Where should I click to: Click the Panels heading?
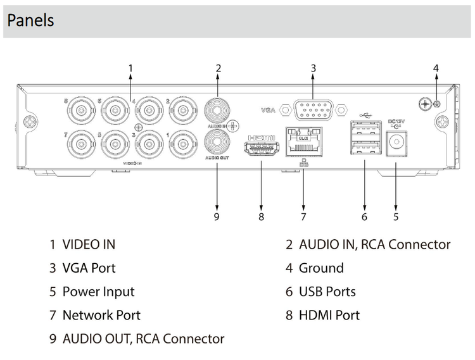(x=31, y=20)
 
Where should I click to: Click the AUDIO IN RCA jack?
(x=217, y=109)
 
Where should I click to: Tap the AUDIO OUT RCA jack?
(x=217, y=139)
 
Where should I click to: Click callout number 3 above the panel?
(x=313, y=68)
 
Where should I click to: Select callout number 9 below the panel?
(x=217, y=216)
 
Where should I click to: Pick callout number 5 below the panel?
(x=396, y=216)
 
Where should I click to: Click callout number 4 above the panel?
(x=436, y=68)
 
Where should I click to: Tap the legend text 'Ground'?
(x=321, y=268)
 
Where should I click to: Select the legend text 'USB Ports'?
(x=327, y=292)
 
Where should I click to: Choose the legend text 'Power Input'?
(x=98, y=292)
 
